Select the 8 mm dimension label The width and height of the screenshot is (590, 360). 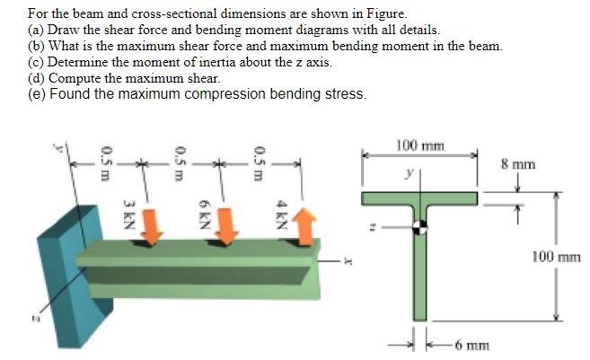[x=518, y=164]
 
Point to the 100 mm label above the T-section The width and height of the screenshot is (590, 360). [x=413, y=145]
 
